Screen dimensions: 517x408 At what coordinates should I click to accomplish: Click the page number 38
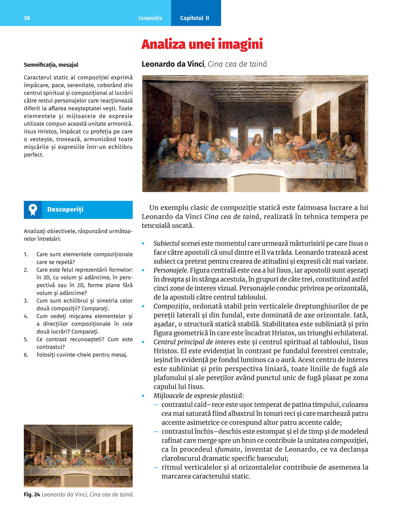pyautogui.click(x=27, y=18)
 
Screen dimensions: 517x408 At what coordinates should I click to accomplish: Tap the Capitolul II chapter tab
pyautogui.click(x=195, y=18)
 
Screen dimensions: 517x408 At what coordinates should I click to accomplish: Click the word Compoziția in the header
pyautogui.click(x=150, y=18)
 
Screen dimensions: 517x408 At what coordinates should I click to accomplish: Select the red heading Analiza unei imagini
pyautogui.click(x=202, y=44)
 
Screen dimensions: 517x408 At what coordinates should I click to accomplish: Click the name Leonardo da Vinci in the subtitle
pyautogui.click(x=173, y=64)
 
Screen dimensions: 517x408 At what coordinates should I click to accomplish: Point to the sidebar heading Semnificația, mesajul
pyautogui.click(x=51, y=65)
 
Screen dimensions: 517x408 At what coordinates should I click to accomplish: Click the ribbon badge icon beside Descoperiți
pyautogui.click(x=33, y=210)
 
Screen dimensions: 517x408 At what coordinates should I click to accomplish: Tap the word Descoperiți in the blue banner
pyautogui.click(x=65, y=210)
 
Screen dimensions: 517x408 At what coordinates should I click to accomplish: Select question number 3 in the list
pyautogui.click(x=26, y=301)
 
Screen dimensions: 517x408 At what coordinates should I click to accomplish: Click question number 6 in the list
pyautogui.click(x=26, y=355)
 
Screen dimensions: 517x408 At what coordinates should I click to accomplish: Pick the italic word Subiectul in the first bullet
pyautogui.click(x=166, y=244)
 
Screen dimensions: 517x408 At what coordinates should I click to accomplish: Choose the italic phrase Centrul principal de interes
pyautogui.click(x=194, y=342)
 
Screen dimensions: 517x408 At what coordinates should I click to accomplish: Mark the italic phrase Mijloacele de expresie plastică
pyautogui.click(x=198, y=396)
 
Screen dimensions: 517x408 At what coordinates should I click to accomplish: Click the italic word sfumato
pyautogui.click(x=227, y=450)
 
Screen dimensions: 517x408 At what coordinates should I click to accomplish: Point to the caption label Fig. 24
pyautogui.click(x=32, y=495)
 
